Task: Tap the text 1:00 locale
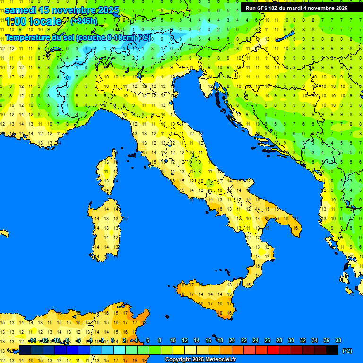pyautogui.click(x=34, y=21)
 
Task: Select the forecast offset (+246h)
pyautogui.click(x=84, y=21)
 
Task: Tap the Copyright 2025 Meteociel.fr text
pyautogui.click(x=200, y=360)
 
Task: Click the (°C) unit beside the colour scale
pyautogui.click(x=347, y=350)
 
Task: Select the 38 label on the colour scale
pyautogui.click(x=338, y=340)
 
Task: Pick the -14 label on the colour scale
pyautogui.click(x=32, y=340)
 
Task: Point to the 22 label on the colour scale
pyautogui.click(x=244, y=340)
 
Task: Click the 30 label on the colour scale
pyautogui.click(x=291, y=340)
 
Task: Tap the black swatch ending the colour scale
pyautogui.click(x=332, y=350)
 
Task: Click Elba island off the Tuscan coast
pyautogui.click(x=132, y=155)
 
